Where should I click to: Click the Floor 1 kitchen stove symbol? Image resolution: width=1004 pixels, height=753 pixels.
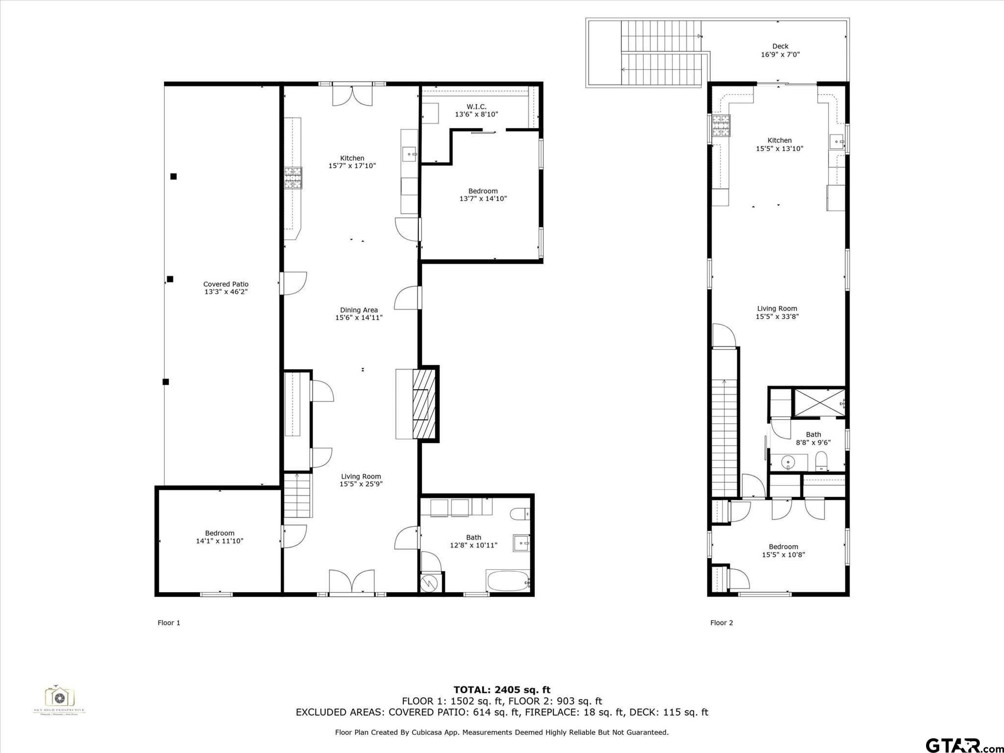click(293, 178)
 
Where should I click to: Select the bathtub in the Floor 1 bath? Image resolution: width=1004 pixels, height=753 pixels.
click(508, 581)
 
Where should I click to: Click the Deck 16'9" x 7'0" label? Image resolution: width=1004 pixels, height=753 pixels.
click(780, 50)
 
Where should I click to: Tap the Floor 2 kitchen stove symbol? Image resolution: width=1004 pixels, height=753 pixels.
click(721, 125)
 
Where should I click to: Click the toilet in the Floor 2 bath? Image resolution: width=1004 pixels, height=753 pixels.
click(821, 461)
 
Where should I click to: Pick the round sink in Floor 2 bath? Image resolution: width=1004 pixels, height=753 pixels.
click(788, 462)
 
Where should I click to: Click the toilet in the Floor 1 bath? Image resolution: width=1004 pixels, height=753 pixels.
click(520, 514)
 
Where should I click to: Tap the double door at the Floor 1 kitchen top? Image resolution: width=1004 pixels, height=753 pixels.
click(352, 95)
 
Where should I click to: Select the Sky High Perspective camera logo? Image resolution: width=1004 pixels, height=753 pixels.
click(59, 698)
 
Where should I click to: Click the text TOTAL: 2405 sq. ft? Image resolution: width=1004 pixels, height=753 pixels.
click(502, 690)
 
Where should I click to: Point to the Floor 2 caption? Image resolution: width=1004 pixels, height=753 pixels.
click(721, 623)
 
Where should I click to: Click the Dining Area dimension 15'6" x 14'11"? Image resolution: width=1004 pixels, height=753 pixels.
click(358, 318)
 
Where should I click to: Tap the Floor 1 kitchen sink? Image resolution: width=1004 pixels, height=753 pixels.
click(409, 154)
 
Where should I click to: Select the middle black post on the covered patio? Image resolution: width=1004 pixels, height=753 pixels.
click(170, 279)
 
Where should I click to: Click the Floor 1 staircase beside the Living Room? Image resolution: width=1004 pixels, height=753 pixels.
click(298, 496)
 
